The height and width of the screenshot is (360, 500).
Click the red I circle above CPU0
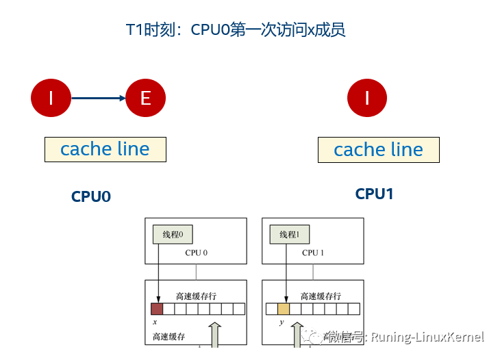coord(51,98)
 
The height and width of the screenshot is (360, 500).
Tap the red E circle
coord(145,98)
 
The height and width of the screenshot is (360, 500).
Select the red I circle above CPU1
coord(367,98)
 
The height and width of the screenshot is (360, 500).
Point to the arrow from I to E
coord(98,98)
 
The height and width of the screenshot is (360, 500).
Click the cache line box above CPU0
coord(105,149)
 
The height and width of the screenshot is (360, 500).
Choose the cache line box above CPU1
coord(378,150)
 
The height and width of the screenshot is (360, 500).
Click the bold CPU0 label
coord(91,196)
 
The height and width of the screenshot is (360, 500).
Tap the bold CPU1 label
coord(374,194)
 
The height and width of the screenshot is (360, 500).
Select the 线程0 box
coord(173,235)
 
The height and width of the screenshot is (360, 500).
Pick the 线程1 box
coord(289,235)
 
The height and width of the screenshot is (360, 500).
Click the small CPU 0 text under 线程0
coord(196,253)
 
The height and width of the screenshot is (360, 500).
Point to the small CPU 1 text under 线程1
coord(312,253)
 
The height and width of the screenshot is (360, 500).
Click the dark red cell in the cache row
coord(157,309)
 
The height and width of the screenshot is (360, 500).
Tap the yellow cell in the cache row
coord(284,309)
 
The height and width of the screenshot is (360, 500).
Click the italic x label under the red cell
coord(154,321)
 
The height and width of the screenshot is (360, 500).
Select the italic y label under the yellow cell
coord(281,321)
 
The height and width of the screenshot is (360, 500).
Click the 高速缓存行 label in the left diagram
coord(197,296)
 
